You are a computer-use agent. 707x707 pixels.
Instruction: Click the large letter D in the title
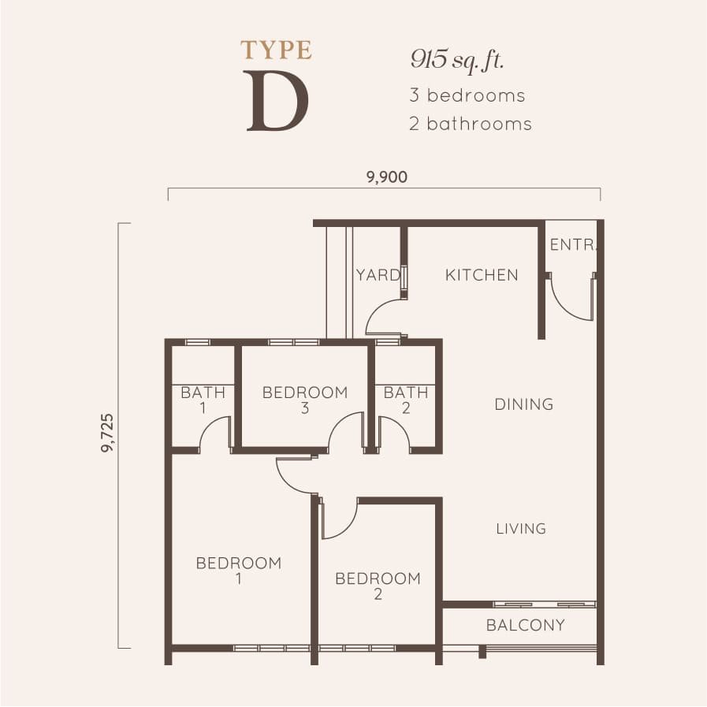pyautogui.click(x=276, y=102)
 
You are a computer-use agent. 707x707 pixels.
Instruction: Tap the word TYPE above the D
pyautogui.click(x=276, y=50)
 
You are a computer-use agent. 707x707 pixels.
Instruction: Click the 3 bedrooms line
pyautogui.click(x=467, y=95)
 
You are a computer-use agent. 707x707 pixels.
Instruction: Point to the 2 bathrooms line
pyautogui.click(x=470, y=124)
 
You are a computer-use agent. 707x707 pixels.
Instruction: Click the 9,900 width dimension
pyautogui.click(x=386, y=177)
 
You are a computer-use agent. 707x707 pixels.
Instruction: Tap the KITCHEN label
pyautogui.click(x=482, y=275)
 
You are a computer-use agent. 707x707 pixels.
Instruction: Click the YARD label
pyautogui.click(x=377, y=275)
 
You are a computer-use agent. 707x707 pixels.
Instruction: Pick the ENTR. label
pyautogui.click(x=573, y=245)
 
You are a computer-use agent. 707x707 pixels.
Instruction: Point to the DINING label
pyautogui.click(x=523, y=404)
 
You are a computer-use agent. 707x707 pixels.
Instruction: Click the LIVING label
pyautogui.click(x=521, y=528)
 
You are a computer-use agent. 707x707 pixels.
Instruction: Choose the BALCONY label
pyautogui.click(x=525, y=626)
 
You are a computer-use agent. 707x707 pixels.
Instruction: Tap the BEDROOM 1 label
pyautogui.click(x=239, y=571)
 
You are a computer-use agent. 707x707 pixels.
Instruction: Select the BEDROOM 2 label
pyautogui.click(x=378, y=586)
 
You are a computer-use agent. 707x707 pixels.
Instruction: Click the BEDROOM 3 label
pyautogui.click(x=304, y=400)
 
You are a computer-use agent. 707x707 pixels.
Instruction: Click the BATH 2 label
pyautogui.click(x=406, y=400)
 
